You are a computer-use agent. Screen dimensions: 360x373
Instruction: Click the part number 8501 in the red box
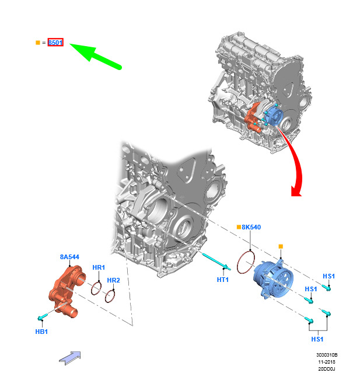click(x=55, y=43)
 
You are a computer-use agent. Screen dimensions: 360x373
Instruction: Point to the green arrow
click(x=96, y=56)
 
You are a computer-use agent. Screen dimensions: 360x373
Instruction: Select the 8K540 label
click(x=251, y=227)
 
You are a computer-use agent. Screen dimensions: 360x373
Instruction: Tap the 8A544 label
click(x=69, y=257)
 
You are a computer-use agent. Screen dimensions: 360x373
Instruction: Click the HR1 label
click(x=99, y=267)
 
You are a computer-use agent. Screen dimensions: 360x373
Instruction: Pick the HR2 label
click(x=113, y=280)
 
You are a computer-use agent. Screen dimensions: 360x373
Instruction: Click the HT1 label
click(x=223, y=280)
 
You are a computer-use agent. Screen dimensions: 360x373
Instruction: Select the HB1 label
click(x=41, y=332)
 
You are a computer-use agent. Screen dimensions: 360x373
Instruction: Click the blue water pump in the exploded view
click(x=274, y=278)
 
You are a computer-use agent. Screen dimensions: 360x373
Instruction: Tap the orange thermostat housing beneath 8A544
click(x=67, y=291)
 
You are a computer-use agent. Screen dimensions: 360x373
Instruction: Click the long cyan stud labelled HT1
click(x=216, y=262)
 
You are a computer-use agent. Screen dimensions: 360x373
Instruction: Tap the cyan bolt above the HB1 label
click(x=43, y=317)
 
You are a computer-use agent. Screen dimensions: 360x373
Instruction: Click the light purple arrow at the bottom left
click(x=70, y=358)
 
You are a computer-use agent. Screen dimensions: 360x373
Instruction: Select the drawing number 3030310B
click(x=327, y=355)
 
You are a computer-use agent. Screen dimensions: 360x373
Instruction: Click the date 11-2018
click(x=327, y=362)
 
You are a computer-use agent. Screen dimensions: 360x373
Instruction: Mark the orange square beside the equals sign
click(x=38, y=43)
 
